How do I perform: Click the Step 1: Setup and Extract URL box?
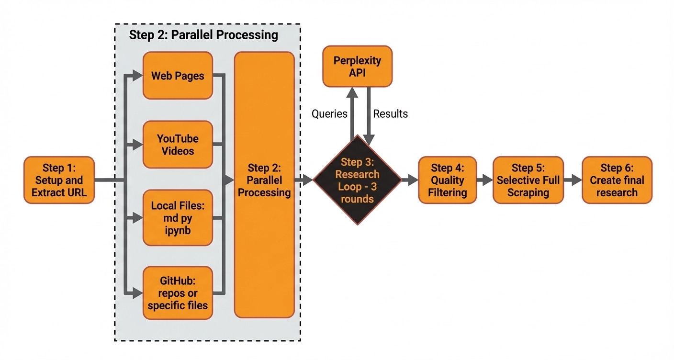tap(59, 180)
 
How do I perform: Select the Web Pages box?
tap(178, 76)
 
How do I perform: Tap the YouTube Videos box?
tap(178, 144)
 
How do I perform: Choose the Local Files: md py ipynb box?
tap(178, 218)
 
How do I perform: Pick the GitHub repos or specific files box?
tap(178, 292)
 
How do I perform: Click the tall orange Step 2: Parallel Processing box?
tap(264, 185)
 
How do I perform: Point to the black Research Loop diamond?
tap(357, 180)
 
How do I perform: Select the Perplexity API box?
tap(357, 67)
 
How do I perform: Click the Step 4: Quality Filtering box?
tap(447, 180)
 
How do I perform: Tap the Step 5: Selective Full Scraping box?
tap(528, 180)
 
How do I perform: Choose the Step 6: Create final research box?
tap(617, 180)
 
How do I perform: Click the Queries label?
tap(329, 114)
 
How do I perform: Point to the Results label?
tap(390, 114)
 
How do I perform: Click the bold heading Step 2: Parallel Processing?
tap(203, 35)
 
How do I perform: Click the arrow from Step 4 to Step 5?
tap(485, 180)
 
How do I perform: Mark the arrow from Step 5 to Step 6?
tap(573, 180)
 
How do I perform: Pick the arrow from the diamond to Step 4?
tap(409, 180)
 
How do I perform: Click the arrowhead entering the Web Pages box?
tap(138, 75)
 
